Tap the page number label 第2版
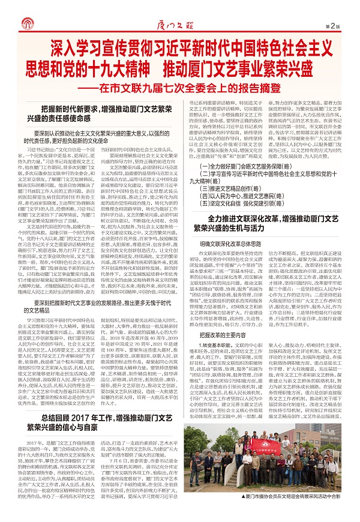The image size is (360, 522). coord(340,26)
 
